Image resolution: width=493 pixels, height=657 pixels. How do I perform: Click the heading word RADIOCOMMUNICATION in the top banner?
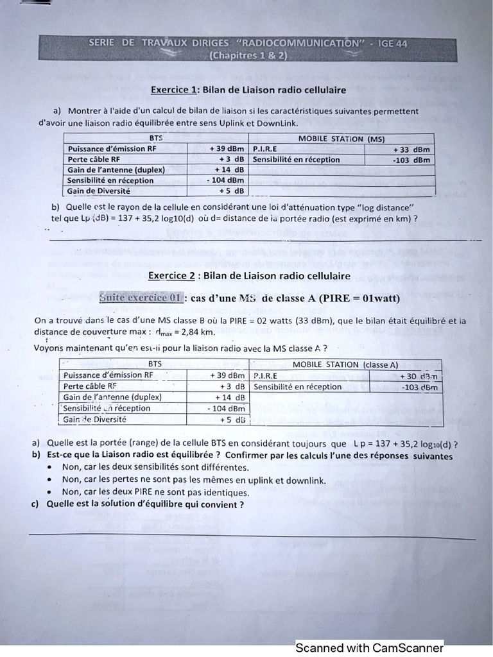click(x=307, y=44)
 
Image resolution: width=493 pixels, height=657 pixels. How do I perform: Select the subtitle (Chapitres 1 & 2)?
click(x=248, y=56)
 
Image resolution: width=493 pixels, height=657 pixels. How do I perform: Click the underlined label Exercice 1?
click(x=174, y=90)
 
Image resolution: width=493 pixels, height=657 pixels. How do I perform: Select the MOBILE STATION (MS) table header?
click(x=341, y=139)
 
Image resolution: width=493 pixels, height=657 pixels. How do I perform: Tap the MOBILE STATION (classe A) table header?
click(x=345, y=364)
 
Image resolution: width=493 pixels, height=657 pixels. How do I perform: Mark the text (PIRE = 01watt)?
click(x=356, y=298)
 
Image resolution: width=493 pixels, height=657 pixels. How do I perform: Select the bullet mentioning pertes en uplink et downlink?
click(x=194, y=481)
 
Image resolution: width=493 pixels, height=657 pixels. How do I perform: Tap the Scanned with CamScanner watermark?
click(x=369, y=648)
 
